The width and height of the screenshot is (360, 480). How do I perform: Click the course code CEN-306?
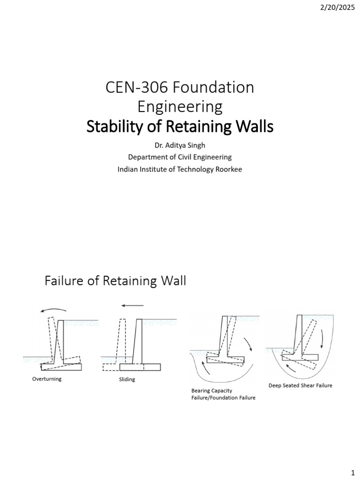[x=136, y=87]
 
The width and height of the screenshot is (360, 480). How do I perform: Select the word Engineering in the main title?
[x=180, y=107]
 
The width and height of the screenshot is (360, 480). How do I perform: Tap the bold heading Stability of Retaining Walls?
[x=180, y=127]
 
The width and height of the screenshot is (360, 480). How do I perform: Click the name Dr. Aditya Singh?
[x=180, y=145]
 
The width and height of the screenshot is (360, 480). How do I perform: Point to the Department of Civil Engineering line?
[x=180, y=157]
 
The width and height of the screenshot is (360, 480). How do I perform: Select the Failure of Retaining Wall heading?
[x=115, y=280]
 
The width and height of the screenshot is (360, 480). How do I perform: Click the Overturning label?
[x=47, y=379]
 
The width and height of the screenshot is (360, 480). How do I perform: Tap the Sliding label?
[x=127, y=380]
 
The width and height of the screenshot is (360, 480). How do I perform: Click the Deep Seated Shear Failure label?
[x=300, y=385]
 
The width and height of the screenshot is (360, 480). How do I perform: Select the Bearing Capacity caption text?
[x=212, y=390]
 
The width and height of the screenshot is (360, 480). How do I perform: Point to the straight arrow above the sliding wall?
[x=132, y=306]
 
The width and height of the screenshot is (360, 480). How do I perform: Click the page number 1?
[x=352, y=472]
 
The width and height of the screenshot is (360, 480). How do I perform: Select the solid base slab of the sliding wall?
[x=140, y=367]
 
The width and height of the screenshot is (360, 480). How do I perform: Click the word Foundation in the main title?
[x=213, y=87]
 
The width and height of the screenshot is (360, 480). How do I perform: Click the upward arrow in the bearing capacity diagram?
[x=206, y=368]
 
